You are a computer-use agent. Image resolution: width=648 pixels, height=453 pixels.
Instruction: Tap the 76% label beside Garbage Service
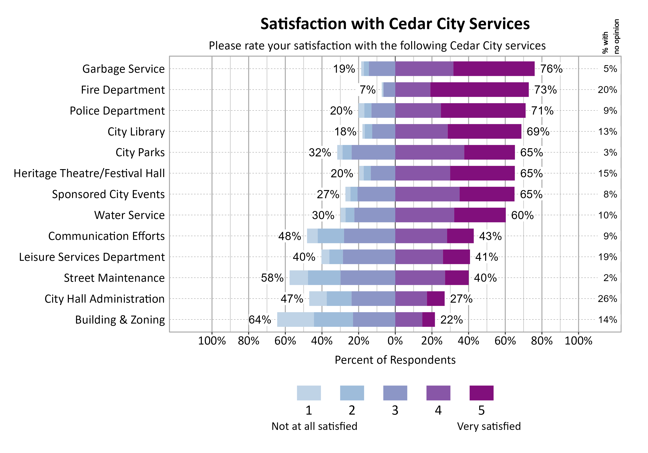pos(551,69)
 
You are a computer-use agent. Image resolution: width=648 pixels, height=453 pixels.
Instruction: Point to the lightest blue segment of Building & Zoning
pos(295,319)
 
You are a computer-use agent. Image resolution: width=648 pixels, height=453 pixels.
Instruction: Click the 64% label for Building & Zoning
pos(259,320)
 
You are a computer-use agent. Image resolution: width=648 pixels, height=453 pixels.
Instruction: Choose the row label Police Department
pos(117,111)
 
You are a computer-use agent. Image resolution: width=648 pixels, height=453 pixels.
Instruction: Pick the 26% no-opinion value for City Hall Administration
pos(607,299)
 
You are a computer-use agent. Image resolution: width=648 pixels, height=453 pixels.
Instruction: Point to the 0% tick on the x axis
pos(395,341)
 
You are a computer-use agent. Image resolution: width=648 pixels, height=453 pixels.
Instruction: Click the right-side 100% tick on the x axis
pos(578,341)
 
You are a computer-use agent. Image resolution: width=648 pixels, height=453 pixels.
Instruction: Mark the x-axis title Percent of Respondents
pos(395,360)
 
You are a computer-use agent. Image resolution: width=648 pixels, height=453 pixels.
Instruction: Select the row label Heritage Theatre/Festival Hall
pos(89,173)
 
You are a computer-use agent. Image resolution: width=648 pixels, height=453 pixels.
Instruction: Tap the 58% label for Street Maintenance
pos(272,278)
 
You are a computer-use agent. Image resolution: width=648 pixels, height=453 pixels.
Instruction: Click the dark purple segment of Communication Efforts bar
pos(460,236)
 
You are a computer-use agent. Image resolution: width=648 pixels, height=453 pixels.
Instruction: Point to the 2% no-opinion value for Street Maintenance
pos(610,278)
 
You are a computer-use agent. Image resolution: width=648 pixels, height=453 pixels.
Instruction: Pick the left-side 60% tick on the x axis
pos(285,341)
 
